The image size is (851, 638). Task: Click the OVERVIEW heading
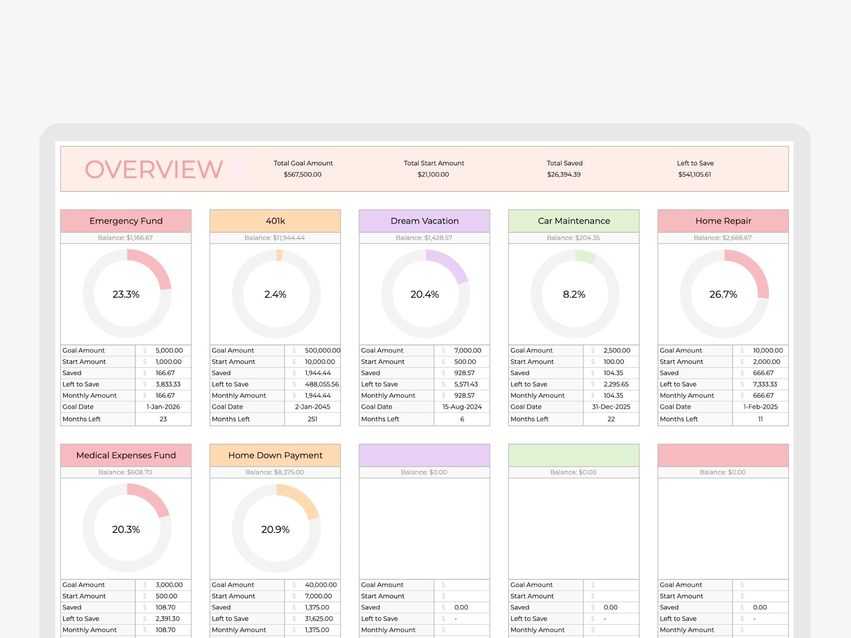(x=154, y=169)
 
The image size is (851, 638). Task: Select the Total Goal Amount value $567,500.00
(x=303, y=174)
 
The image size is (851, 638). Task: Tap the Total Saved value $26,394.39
(x=564, y=174)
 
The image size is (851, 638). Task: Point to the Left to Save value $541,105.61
(x=694, y=174)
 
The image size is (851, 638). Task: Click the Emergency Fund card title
(x=126, y=221)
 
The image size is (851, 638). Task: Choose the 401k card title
(x=275, y=221)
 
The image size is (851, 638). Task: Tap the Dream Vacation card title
(x=425, y=221)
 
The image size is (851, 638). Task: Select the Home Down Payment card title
(x=275, y=455)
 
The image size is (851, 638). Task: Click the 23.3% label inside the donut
(x=126, y=294)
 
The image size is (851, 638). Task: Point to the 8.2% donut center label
(x=574, y=294)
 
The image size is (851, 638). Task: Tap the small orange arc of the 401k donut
(x=279, y=255)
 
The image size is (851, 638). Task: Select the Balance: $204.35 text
(x=573, y=238)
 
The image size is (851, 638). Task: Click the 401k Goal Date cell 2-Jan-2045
(x=312, y=407)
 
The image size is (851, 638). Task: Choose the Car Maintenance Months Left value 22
(x=611, y=419)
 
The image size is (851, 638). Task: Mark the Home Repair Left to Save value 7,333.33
(x=765, y=384)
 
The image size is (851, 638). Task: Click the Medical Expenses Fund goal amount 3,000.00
(x=169, y=585)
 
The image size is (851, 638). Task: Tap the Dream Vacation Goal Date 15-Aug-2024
(x=462, y=407)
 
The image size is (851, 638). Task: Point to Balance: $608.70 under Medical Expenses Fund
(x=125, y=472)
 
